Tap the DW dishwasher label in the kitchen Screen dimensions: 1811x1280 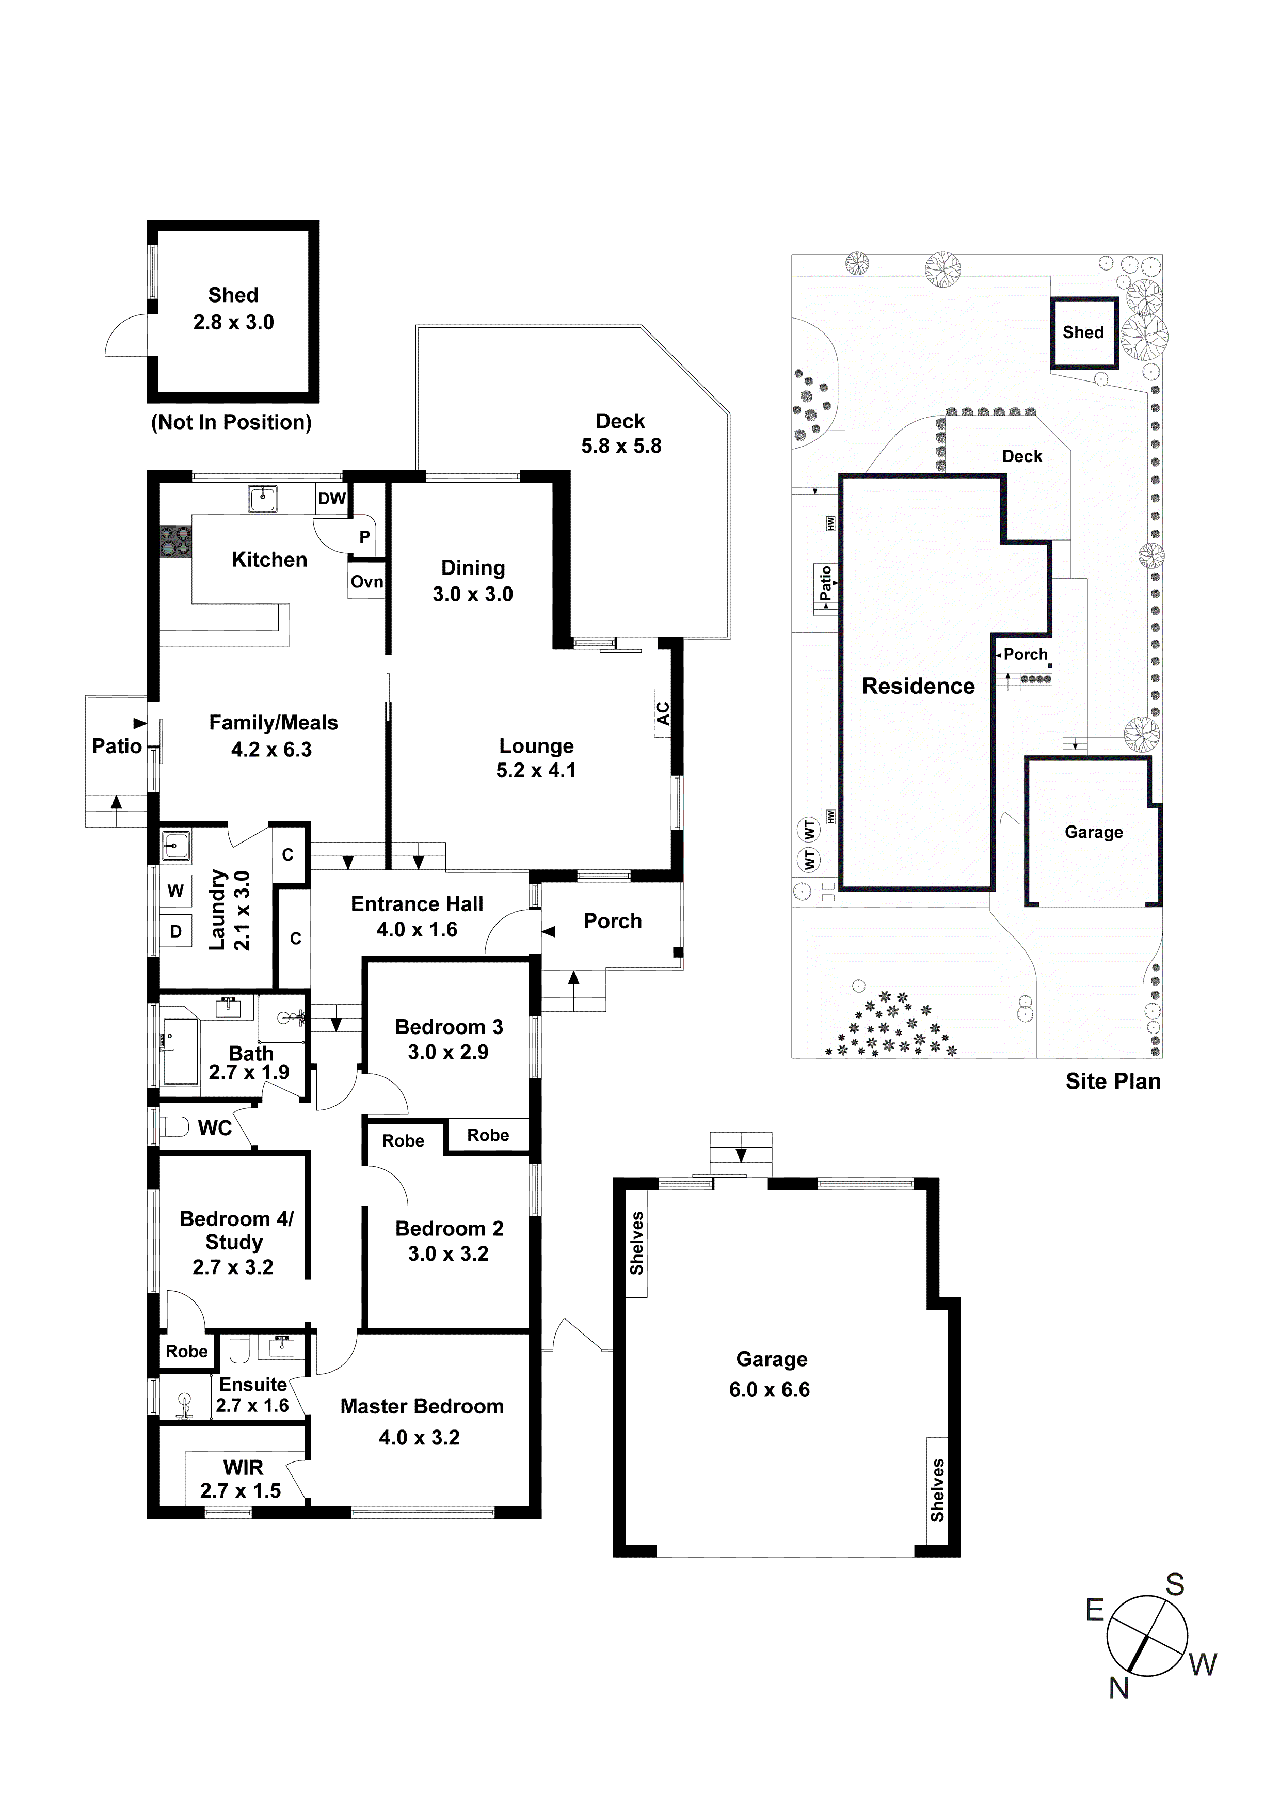click(331, 499)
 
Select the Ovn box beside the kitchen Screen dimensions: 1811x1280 click(367, 582)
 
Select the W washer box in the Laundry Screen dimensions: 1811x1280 click(176, 891)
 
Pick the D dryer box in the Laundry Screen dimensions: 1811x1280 click(176, 931)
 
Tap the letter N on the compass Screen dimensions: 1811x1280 click(1118, 1688)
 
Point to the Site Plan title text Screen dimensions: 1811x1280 click(1113, 1082)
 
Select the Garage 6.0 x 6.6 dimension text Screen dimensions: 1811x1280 click(769, 1390)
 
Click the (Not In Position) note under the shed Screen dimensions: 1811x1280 click(231, 423)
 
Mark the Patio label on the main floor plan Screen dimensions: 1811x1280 click(117, 746)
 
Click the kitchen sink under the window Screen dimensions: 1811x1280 click(263, 499)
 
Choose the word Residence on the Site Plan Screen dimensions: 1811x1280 click(918, 686)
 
